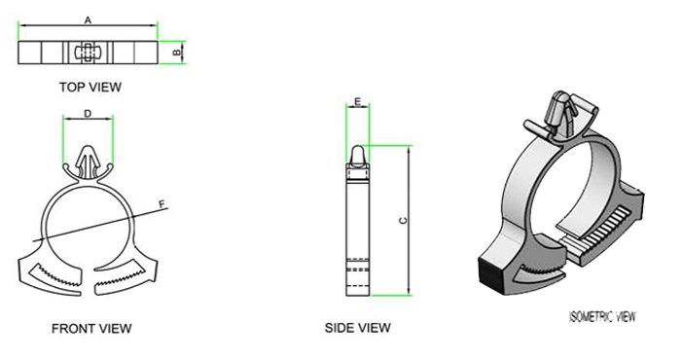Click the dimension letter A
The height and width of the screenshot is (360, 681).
[x=89, y=19]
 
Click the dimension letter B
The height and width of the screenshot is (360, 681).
[x=175, y=51]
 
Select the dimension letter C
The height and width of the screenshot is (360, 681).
[x=403, y=221]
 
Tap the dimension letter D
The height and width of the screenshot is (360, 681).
[x=88, y=114]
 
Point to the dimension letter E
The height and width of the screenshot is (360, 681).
[x=358, y=102]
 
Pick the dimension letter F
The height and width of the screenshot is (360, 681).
[x=161, y=202]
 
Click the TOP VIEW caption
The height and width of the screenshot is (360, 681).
[x=90, y=87]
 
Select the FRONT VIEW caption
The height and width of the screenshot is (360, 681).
[x=91, y=329]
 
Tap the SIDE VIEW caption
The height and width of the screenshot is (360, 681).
[x=357, y=329]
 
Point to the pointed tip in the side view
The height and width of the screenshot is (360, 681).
[x=358, y=151]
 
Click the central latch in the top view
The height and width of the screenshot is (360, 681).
[x=86, y=51]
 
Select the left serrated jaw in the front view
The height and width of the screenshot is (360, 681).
[x=54, y=275]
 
